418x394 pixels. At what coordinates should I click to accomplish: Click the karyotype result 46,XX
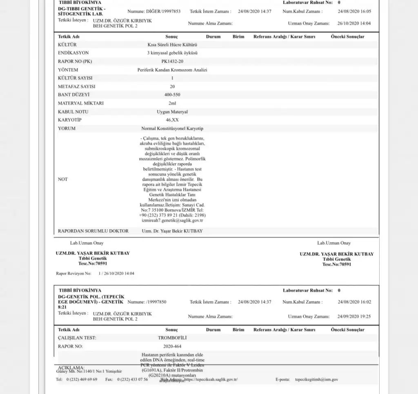point(172,120)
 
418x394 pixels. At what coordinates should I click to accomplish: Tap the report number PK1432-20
point(172,61)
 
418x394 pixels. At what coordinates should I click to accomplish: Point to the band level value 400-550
point(172,95)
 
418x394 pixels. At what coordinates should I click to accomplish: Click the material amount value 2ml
point(172,103)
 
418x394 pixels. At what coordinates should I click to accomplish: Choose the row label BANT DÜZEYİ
point(73,95)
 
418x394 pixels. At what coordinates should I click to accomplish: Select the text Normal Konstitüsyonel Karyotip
point(172,128)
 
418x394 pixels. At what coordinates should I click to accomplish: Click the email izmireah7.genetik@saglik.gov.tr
point(172,220)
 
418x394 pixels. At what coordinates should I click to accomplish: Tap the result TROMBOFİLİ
point(172,338)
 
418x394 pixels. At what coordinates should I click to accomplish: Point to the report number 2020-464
point(172,346)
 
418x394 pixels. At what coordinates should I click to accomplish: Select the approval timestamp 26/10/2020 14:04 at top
point(354,23)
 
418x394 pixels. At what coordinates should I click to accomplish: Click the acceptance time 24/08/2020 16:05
point(354,11)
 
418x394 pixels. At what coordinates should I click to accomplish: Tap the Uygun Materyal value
point(172,112)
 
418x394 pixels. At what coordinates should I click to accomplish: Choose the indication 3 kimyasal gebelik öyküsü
point(172,53)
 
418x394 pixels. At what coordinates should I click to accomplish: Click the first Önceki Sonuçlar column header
point(347,37)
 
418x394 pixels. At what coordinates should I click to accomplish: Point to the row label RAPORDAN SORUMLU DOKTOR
point(93,231)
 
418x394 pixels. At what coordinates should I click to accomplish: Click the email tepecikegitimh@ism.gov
point(316,379)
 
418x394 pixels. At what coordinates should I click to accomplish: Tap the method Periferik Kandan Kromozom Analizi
point(172,70)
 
